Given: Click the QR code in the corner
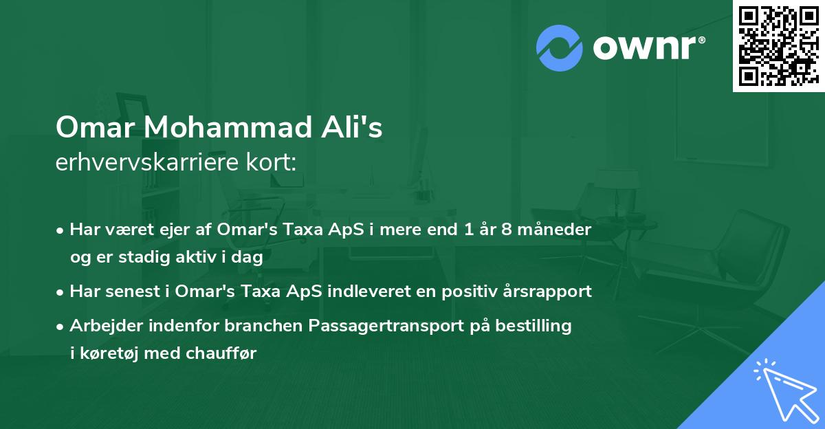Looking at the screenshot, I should coord(778,46).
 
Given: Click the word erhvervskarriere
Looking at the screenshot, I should coord(142,162).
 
